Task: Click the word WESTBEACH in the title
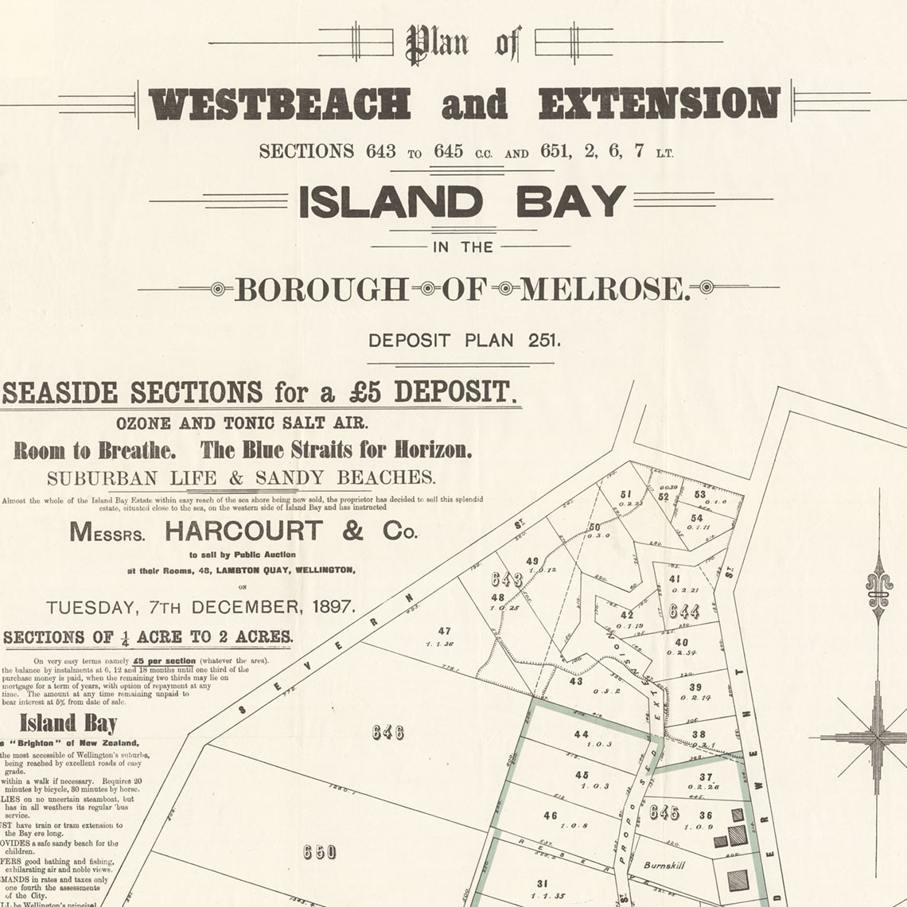(x=279, y=104)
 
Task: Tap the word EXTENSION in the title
(x=658, y=104)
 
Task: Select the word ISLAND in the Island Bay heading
(x=391, y=203)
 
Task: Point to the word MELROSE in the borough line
(x=605, y=290)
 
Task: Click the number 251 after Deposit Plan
(x=543, y=341)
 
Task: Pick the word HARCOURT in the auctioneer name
(x=244, y=531)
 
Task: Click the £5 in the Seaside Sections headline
(x=365, y=392)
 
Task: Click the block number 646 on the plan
(x=387, y=732)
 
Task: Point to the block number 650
(x=320, y=852)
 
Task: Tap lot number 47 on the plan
(x=444, y=631)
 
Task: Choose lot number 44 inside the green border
(x=581, y=734)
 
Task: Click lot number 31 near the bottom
(x=542, y=883)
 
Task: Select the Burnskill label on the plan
(x=663, y=865)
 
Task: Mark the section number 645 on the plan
(x=664, y=812)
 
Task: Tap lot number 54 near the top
(x=696, y=518)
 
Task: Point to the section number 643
(x=506, y=578)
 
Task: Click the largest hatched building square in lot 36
(x=738, y=835)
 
